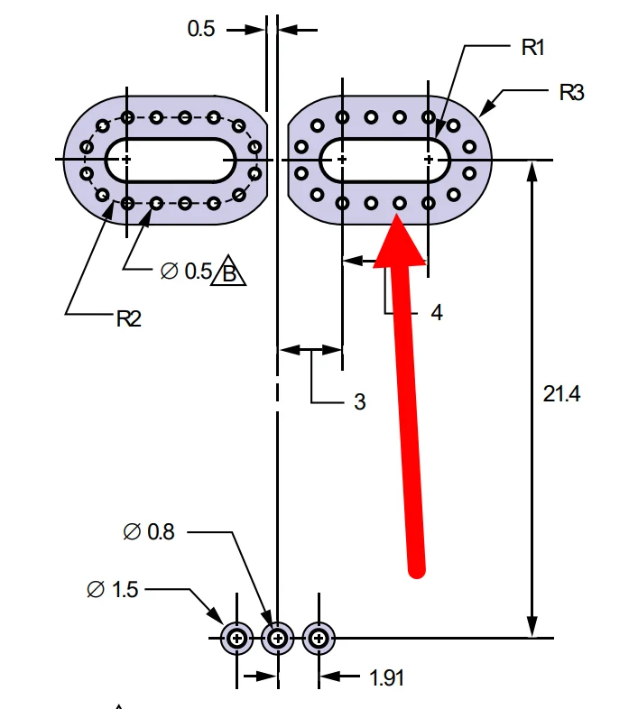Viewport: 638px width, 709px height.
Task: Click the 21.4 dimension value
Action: (562, 393)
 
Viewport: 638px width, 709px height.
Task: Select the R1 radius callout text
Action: (533, 48)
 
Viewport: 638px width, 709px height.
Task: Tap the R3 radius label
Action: (571, 92)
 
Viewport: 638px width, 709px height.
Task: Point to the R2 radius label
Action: (128, 318)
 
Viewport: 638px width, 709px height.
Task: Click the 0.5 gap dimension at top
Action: (201, 29)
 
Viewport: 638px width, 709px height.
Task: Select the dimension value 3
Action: (359, 402)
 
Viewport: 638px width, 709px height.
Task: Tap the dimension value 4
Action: (437, 313)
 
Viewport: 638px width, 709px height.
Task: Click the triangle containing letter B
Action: (228, 272)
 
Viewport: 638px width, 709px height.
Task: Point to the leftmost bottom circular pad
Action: (237, 639)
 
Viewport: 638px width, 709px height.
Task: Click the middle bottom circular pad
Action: (278, 639)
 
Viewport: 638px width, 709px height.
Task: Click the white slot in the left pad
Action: (171, 160)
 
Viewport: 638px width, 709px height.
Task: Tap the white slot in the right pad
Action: (384, 160)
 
